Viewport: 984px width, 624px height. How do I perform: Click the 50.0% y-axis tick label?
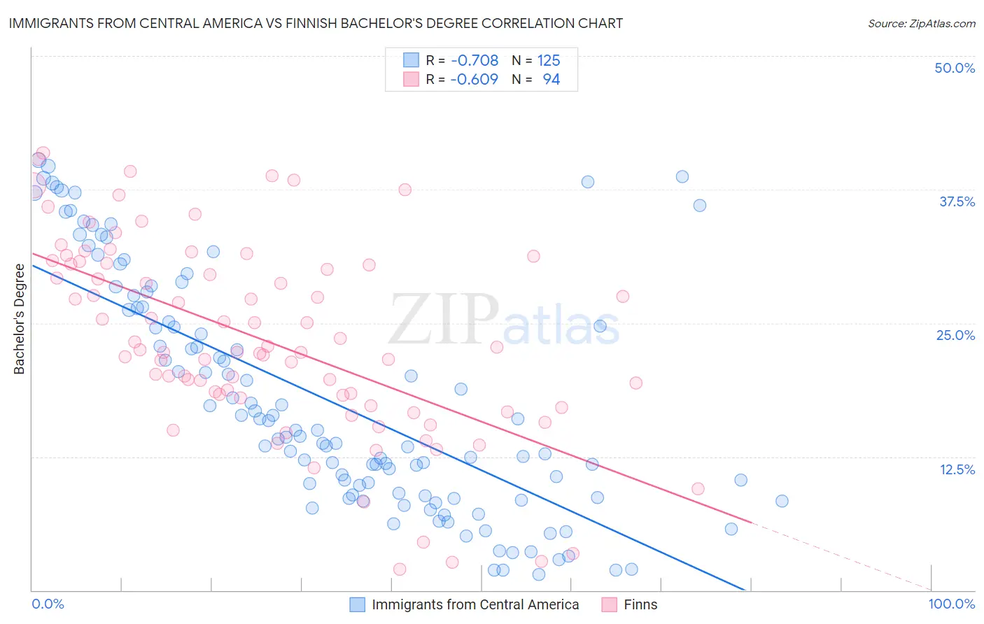[x=955, y=68]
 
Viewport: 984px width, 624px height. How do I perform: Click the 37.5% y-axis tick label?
[x=957, y=201]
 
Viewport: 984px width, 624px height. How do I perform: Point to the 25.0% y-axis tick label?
[x=955, y=335]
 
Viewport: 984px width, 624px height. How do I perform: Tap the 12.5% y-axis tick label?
[x=957, y=469]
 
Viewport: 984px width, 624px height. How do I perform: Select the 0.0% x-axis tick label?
[x=48, y=604]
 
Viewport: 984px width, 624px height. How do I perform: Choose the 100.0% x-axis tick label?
[x=951, y=604]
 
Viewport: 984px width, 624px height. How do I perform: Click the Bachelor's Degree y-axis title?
[x=19, y=319]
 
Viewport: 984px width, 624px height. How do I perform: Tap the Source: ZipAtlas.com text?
[x=921, y=23]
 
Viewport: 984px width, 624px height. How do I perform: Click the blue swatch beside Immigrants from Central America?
[x=358, y=604]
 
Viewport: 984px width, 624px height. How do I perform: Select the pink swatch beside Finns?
[x=610, y=604]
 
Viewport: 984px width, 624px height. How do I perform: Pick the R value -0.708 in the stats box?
[x=475, y=61]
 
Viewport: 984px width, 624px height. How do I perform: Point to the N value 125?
[x=549, y=61]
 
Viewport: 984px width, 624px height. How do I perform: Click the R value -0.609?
[x=475, y=80]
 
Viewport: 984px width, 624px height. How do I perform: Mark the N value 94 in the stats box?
[x=551, y=80]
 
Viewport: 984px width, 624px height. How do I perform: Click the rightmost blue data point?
[x=782, y=501]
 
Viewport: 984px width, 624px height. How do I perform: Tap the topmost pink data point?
[x=43, y=153]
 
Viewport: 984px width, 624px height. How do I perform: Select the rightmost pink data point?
[x=698, y=489]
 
